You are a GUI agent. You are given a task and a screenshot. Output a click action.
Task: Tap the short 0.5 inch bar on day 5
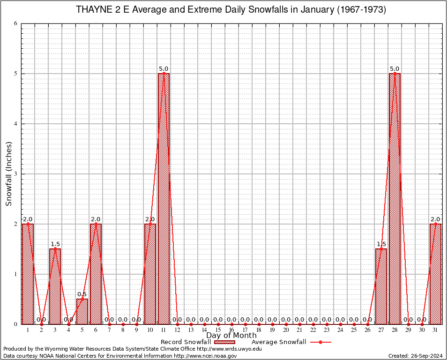click(82, 311)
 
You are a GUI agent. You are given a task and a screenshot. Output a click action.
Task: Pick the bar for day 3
click(55, 286)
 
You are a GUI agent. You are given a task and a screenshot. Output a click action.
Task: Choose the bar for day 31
click(435, 274)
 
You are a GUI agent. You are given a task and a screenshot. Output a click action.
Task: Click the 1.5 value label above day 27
click(381, 244)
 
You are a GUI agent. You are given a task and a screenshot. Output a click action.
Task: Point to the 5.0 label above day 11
click(164, 69)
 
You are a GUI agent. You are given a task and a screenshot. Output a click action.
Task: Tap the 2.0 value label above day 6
click(96, 219)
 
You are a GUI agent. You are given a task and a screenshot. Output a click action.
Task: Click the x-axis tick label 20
click(286, 330)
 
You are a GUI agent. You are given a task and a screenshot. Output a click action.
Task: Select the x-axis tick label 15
click(218, 330)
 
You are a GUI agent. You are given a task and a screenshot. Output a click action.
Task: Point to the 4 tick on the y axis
click(15, 124)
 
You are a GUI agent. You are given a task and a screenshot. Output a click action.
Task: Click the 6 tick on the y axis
click(15, 23)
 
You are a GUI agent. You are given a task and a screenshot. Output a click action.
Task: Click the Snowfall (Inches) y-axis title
click(8, 174)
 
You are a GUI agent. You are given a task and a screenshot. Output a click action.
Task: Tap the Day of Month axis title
click(231, 336)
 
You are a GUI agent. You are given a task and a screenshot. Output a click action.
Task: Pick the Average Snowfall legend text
click(279, 342)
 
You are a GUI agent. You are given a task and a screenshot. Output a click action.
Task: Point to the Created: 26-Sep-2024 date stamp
click(416, 356)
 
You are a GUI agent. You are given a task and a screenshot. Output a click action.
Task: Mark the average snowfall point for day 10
click(150, 224)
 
